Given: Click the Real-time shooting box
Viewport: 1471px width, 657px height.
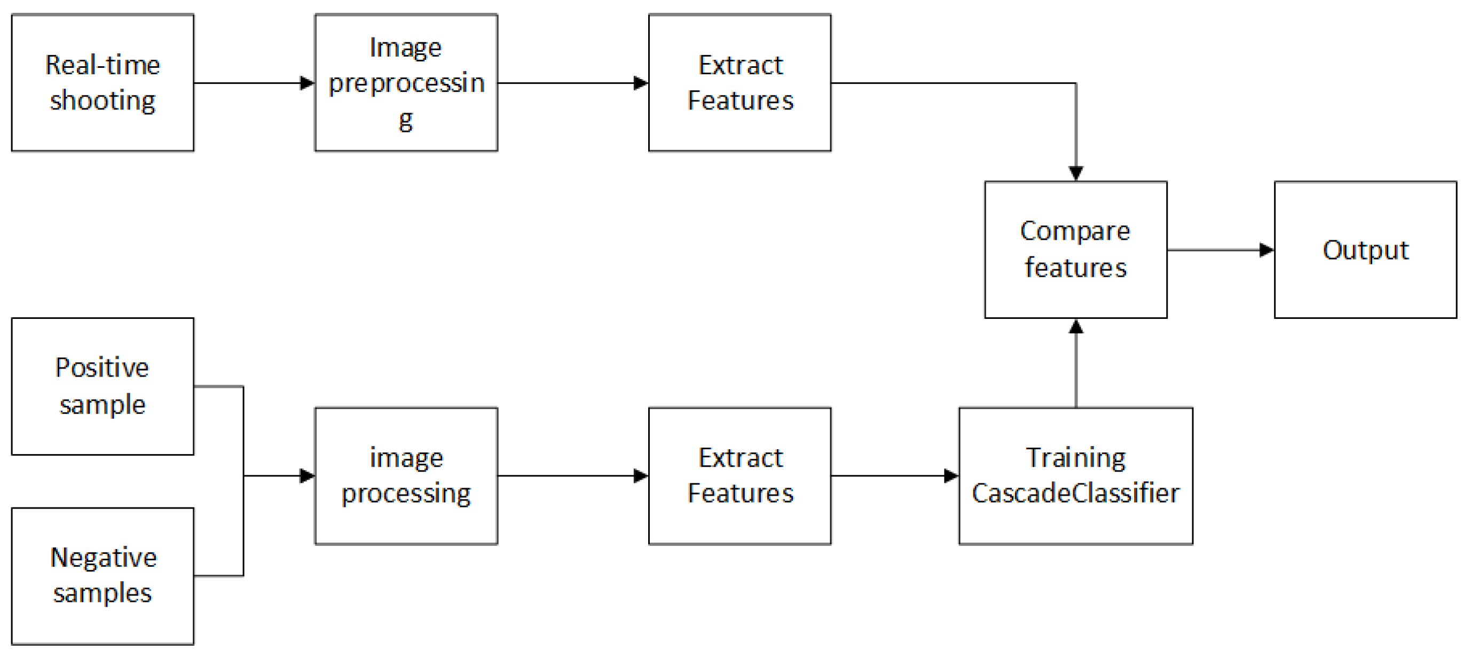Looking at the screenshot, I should click(x=103, y=83).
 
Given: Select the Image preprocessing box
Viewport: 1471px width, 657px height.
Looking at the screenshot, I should click(x=406, y=83).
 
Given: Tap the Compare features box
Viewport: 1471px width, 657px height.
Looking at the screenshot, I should click(x=1075, y=249).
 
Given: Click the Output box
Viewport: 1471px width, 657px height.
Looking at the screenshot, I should click(x=1365, y=249).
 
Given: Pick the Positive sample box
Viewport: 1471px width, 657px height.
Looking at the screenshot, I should click(x=103, y=386).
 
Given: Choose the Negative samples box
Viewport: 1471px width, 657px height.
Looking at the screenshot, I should click(x=103, y=576).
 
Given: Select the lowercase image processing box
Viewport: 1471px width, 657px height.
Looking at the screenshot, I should click(x=406, y=476).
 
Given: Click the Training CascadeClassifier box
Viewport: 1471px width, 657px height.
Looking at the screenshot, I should click(x=1075, y=476).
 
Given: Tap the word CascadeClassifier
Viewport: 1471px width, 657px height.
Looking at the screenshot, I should click(x=1075, y=493).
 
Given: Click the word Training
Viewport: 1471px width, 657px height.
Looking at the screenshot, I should click(x=1075, y=458).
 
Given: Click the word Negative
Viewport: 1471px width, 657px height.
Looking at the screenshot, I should click(x=104, y=558).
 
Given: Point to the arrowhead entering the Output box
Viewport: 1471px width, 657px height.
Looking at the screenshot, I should click(x=1266, y=249).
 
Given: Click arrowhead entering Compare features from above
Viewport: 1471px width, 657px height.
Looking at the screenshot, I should click(x=1076, y=173).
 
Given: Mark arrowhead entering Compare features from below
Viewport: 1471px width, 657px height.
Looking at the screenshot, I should click(x=1076, y=327).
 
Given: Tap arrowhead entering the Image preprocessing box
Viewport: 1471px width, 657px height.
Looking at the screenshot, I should click(x=307, y=83).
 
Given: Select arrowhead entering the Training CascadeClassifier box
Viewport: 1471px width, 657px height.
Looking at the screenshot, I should click(x=951, y=476).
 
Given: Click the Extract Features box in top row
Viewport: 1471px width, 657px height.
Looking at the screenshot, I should click(x=740, y=83).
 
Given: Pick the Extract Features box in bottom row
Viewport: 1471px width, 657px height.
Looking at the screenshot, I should click(x=740, y=476).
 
